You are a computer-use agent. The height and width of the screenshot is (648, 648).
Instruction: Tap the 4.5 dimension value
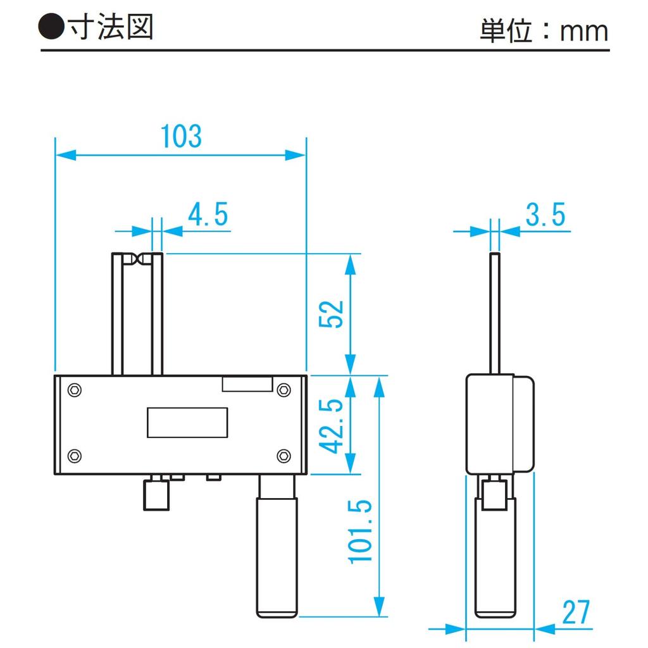point(208,214)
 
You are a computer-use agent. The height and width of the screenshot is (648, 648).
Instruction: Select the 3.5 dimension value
point(545,214)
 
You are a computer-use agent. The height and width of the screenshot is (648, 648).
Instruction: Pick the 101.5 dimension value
point(360,532)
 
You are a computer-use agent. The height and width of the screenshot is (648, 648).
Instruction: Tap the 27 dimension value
point(576,612)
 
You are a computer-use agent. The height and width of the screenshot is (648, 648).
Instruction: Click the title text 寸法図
point(111,27)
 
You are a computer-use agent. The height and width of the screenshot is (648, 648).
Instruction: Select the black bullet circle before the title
point(51,27)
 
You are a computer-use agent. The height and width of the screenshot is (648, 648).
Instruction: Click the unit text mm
point(584,32)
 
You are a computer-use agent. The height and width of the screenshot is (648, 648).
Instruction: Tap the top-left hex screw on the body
point(75,390)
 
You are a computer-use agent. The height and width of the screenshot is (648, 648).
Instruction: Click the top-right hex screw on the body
point(283,390)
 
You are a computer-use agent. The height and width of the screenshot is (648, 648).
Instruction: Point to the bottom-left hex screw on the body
point(75,456)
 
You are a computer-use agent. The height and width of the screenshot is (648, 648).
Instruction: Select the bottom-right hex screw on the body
point(283,456)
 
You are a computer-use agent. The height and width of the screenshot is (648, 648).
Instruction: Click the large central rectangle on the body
point(187,422)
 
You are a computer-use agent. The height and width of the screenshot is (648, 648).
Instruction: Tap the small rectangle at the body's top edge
point(247,383)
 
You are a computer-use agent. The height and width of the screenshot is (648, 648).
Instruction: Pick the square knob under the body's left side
point(156,495)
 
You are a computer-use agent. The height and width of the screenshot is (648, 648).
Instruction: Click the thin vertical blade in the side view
point(495,314)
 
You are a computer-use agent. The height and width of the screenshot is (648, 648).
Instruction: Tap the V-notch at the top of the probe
point(137,259)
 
